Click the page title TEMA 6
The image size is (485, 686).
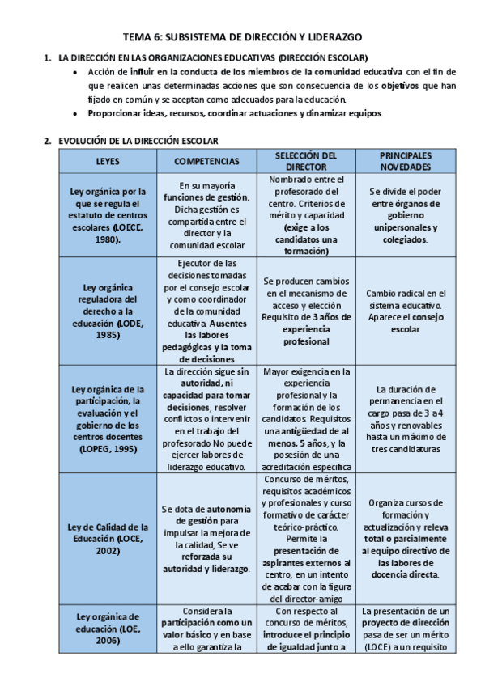(x=242, y=37)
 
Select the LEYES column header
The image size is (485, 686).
(x=108, y=161)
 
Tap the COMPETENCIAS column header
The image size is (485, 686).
(x=207, y=161)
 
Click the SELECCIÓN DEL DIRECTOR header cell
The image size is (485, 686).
(x=306, y=161)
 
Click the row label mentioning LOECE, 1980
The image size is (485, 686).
(x=108, y=217)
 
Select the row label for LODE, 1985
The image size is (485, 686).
(x=108, y=311)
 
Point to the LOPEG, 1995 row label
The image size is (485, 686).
(x=108, y=419)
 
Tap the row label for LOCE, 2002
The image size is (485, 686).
(x=108, y=539)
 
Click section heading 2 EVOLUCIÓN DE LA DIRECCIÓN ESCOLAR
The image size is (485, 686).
(x=137, y=140)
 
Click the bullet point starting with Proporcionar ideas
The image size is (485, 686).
(x=236, y=112)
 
